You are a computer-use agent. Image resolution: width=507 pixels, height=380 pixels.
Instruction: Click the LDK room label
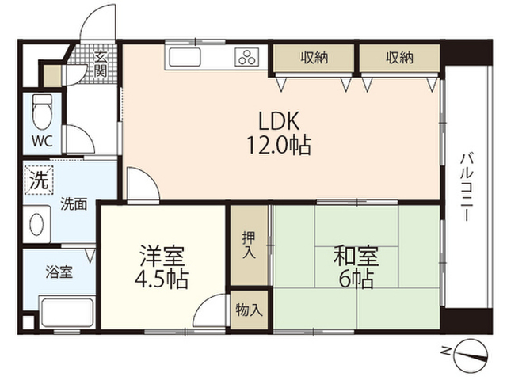[x=278, y=121]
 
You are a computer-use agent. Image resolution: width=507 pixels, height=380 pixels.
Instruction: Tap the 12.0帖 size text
[x=279, y=145]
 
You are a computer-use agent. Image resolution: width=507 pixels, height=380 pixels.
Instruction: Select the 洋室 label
[x=162, y=256]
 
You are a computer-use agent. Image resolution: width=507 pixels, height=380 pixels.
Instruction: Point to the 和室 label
[x=356, y=255]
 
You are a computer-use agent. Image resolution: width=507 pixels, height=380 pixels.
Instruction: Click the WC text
[x=42, y=141]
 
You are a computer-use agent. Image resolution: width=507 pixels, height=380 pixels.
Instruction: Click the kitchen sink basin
[x=185, y=57]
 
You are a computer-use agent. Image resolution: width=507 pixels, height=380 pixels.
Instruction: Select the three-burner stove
[x=248, y=57]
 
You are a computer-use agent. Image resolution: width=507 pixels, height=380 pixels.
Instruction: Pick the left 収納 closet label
[x=314, y=58]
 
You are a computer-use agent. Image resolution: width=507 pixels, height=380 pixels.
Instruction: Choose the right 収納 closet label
[x=399, y=58]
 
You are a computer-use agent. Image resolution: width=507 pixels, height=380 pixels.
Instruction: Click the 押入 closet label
[x=249, y=245]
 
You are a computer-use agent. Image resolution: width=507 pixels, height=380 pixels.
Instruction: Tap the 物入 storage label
[x=249, y=310]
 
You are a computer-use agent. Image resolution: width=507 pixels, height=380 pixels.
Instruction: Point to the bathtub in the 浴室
[x=67, y=312]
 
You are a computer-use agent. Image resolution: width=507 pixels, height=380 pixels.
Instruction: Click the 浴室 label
[x=59, y=272]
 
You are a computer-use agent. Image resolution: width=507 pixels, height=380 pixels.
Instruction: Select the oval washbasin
[x=36, y=224]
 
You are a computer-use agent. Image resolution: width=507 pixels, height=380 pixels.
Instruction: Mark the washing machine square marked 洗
[x=39, y=180]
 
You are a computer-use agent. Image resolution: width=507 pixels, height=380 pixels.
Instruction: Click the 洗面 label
[x=74, y=204]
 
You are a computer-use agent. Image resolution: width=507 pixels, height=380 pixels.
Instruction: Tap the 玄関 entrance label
[x=101, y=65]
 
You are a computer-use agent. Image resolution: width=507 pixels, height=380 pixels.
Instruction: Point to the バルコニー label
[x=467, y=188]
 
